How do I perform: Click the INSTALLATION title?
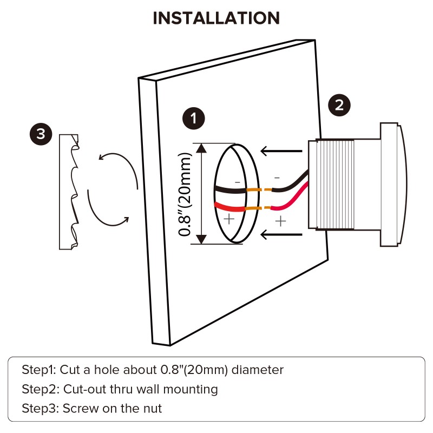pyautogui.click(x=216, y=18)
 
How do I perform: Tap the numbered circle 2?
pyautogui.click(x=339, y=104)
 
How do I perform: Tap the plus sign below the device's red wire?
pyautogui.click(x=280, y=221)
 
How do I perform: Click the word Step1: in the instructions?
pyautogui.click(x=38, y=371)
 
